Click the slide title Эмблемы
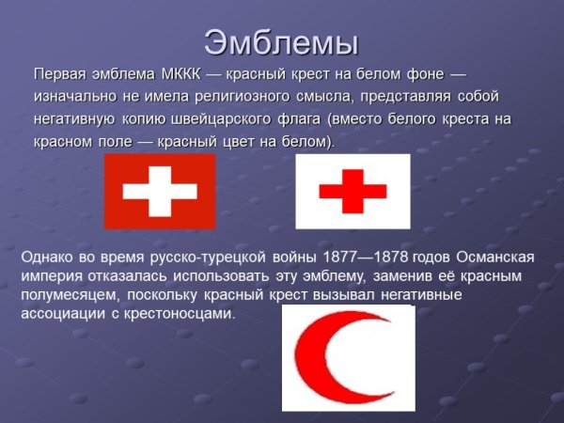[x=281, y=42]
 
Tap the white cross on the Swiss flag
[x=160, y=192]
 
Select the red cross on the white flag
[x=352, y=192]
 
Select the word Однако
[x=49, y=257]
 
